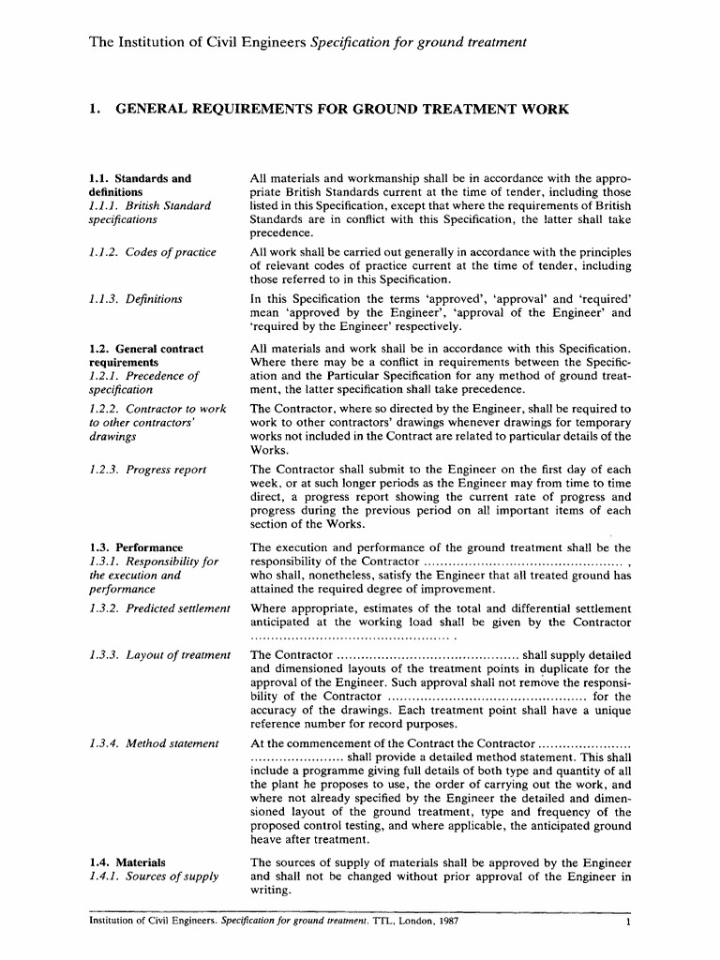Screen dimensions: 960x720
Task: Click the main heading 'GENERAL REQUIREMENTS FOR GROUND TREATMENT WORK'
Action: pos(341,110)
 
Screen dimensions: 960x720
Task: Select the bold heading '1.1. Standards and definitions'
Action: pos(140,184)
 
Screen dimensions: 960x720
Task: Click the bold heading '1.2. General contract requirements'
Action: pos(145,355)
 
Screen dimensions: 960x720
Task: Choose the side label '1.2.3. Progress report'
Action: pos(148,470)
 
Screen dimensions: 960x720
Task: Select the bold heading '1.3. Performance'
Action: pos(136,547)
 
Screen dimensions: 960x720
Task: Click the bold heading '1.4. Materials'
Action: pos(127,862)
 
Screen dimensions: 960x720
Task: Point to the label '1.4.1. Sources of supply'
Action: pos(154,877)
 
